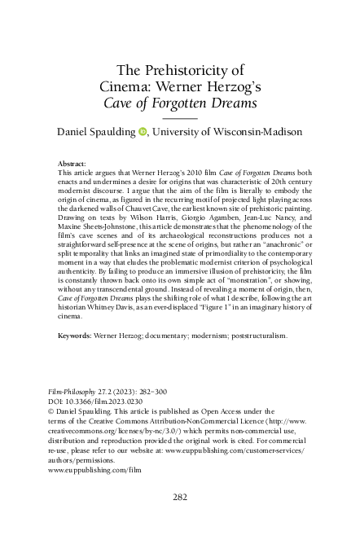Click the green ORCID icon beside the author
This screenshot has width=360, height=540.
point(143,131)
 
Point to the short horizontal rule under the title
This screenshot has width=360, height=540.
point(180,118)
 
